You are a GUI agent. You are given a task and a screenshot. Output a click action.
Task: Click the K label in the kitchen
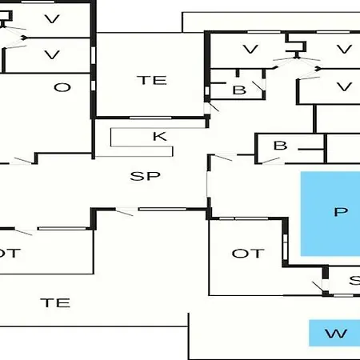(160, 136)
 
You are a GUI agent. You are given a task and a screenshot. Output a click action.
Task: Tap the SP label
(146, 176)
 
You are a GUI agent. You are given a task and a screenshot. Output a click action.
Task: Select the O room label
(62, 87)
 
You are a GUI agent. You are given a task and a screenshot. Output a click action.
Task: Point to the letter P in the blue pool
(341, 212)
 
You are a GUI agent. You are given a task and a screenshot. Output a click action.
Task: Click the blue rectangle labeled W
(334, 333)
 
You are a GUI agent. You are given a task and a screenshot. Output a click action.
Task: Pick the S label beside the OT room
(354, 280)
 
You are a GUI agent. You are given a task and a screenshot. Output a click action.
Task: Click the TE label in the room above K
(152, 80)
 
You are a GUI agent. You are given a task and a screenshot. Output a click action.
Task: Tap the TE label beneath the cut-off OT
(55, 302)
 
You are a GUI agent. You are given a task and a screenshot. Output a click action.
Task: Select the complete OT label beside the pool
(248, 254)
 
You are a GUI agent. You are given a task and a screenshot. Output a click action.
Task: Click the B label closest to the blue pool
(280, 146)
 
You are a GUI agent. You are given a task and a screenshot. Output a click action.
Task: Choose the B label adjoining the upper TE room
(239, 90)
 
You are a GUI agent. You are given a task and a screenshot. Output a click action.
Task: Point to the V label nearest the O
(52, 54)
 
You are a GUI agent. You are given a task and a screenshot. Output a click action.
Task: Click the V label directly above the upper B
(250, 50)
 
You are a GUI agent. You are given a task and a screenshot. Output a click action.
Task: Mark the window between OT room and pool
(286, 246)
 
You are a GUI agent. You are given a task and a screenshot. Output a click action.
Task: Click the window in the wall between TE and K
(150, 118)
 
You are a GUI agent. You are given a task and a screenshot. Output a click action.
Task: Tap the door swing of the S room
(318, 286)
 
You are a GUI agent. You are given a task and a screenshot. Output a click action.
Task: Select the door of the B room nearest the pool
(271, 160)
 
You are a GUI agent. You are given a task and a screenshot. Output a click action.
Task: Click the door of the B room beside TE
(258, 86)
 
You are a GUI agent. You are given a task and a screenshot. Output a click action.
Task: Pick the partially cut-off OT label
(10, 254)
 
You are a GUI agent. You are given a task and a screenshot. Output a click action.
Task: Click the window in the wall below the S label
(343, 295)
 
